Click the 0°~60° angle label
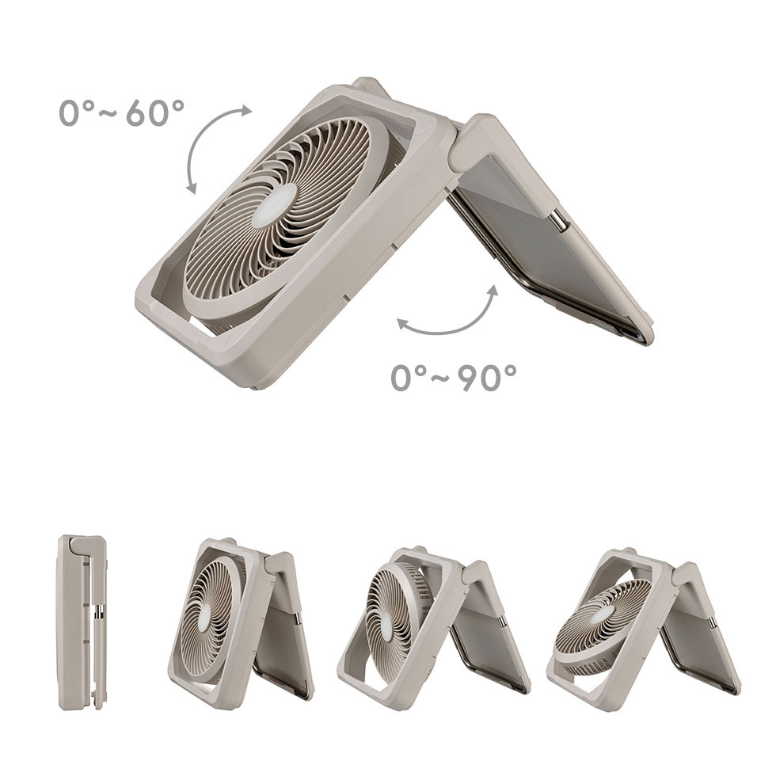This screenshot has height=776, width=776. pyautogui.click(x=121, y=112)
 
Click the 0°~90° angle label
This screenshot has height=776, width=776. pyautogui.click(x=453, y=378)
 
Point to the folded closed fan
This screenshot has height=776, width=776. pyautogui.click(x=82, y=622)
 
